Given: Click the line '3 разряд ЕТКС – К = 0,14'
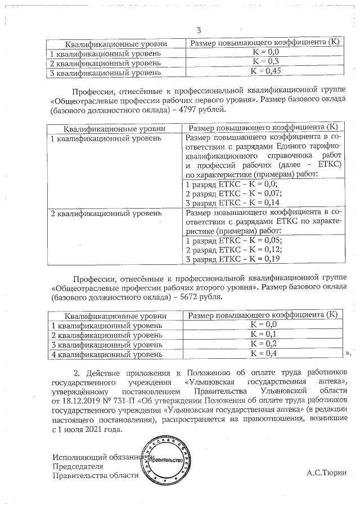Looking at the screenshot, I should (232, 202).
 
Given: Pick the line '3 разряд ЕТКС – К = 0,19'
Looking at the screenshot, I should (232, 259).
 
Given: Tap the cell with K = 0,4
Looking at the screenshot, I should (264, 353).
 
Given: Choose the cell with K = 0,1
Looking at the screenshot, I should (264, 334).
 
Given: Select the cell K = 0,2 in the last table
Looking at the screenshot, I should (264, 344).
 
